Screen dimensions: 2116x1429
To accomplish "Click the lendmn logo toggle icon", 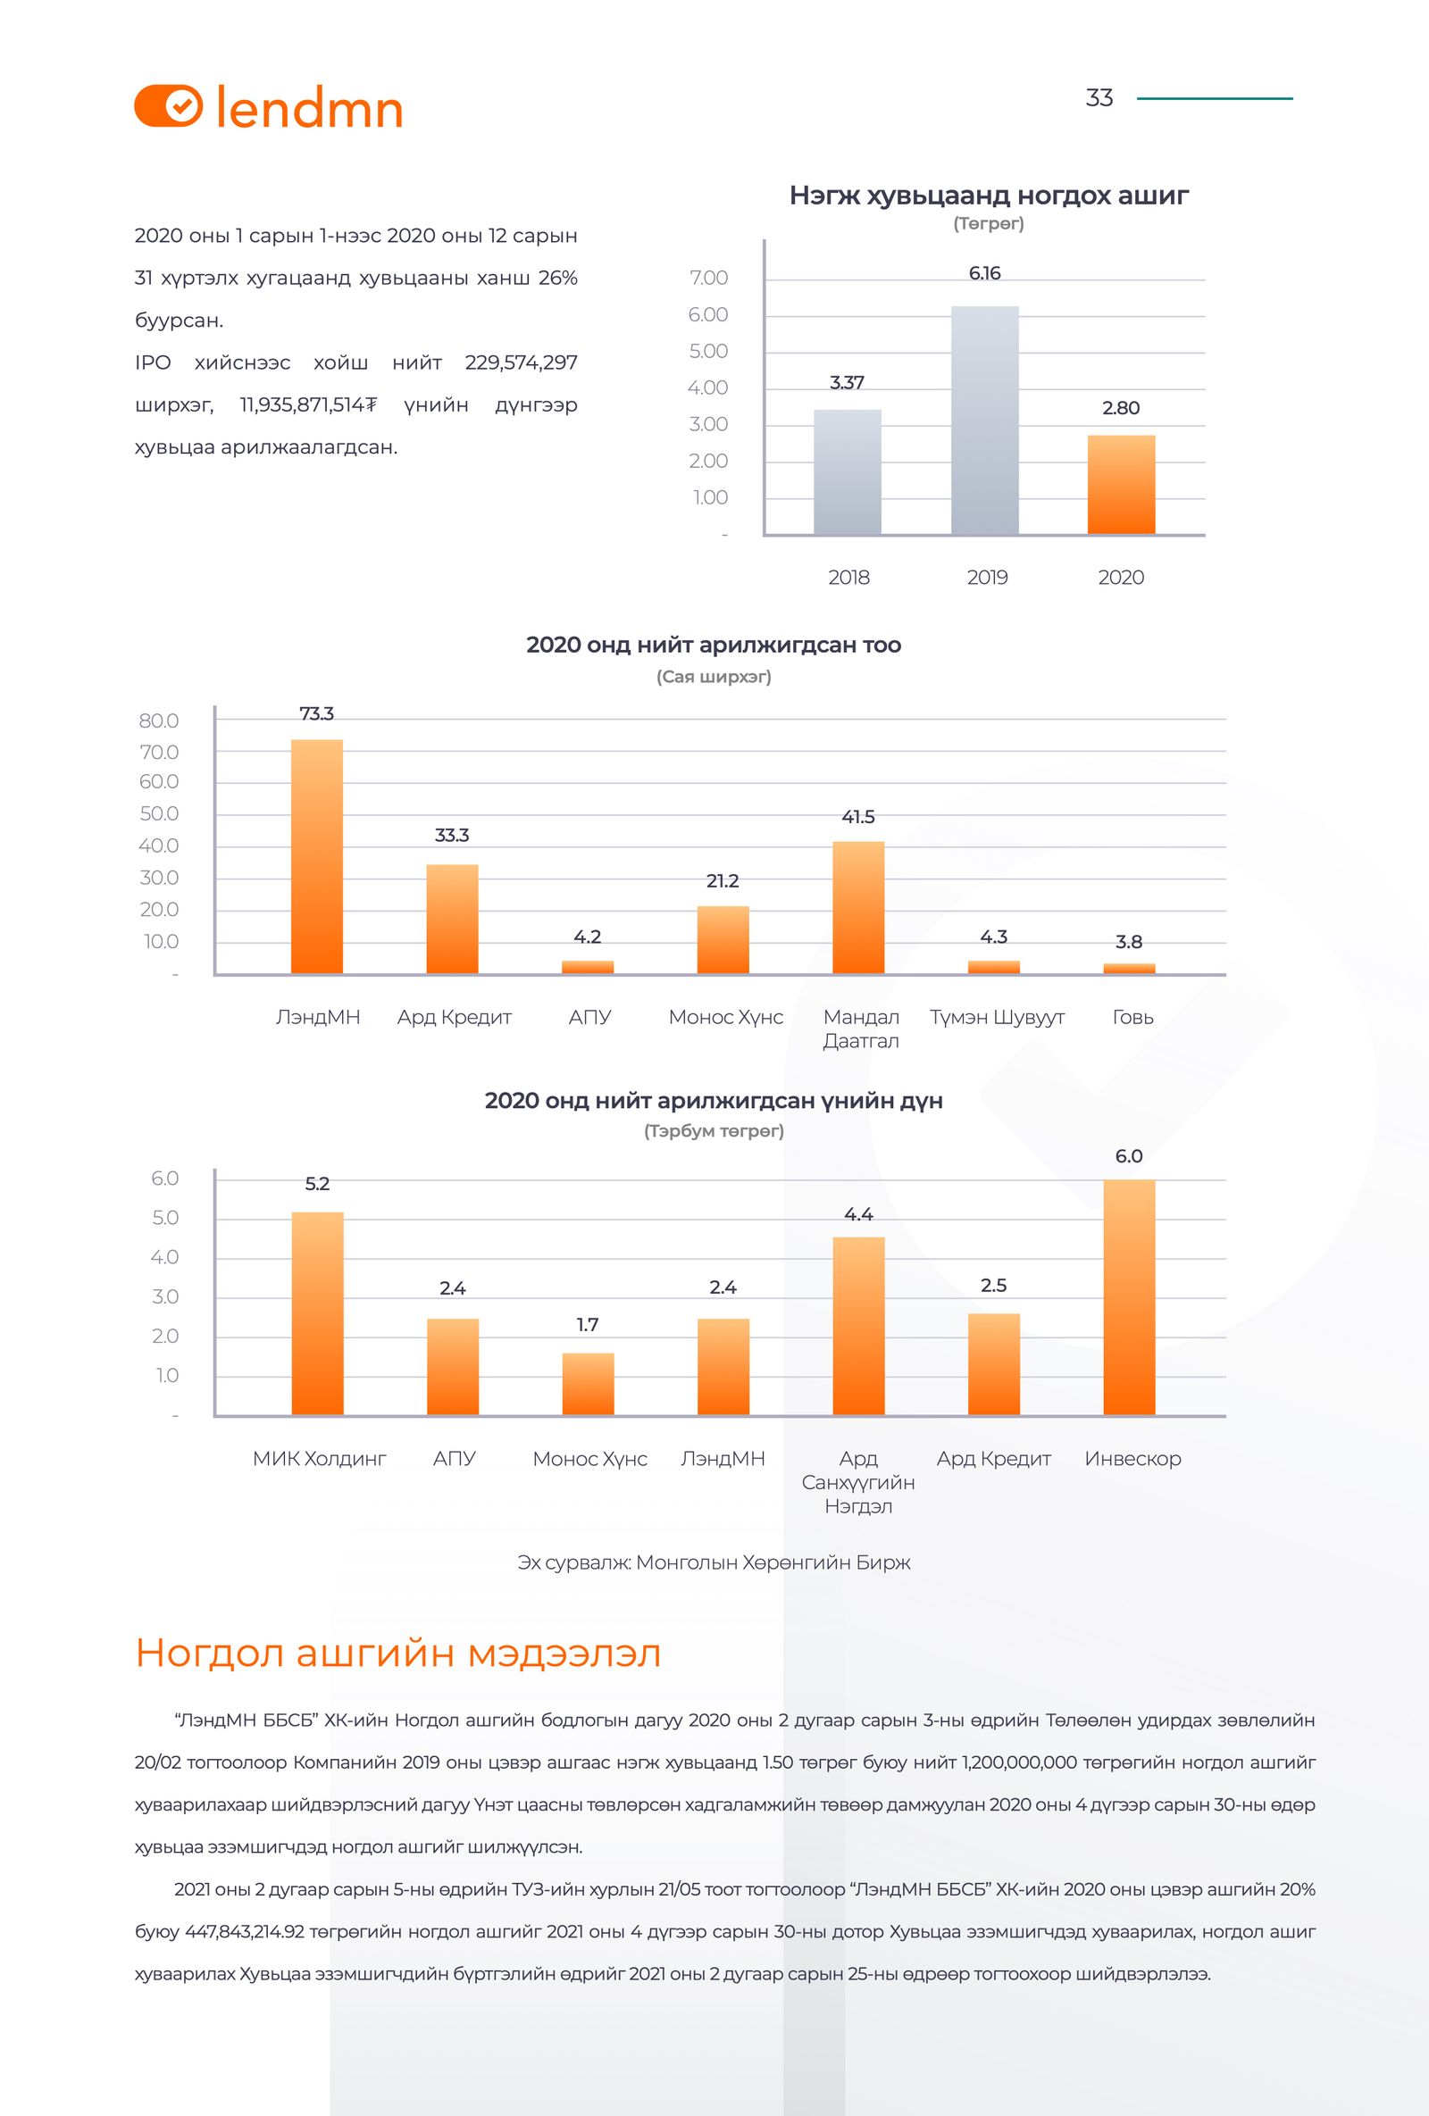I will (169, 106).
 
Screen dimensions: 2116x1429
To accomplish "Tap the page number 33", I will (1099, 98).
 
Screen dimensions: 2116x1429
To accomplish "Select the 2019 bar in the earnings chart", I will (984, 420).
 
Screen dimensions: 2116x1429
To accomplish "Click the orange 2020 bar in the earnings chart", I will (1120, 485).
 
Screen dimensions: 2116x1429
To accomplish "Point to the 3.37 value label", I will (846, 383).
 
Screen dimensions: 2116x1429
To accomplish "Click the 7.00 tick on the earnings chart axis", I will (709, 279).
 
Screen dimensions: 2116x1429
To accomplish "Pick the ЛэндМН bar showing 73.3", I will (317, 856).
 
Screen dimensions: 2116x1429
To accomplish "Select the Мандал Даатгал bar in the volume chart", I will (858, 907).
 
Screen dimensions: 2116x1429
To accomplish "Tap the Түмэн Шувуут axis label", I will (997, 1017).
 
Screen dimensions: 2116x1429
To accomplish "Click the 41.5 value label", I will (858, 817).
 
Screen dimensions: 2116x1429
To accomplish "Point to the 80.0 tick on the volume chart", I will (158, 721).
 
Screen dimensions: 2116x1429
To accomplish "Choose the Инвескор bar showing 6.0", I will (1128, 1296).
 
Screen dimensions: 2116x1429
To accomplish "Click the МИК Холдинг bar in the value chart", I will (317, 1313).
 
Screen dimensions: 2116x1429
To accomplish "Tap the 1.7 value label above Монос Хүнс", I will (588, 1325).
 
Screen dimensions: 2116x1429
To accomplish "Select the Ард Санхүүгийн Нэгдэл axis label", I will (858, 1482).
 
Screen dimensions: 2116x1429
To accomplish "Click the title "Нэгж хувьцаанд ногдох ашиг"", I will (988, 196).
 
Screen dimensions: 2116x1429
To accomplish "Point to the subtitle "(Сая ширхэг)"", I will (713, 678).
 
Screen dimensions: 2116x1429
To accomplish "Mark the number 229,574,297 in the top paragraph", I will (521, 362).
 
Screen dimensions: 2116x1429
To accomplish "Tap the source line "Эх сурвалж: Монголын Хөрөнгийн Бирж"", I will (713, 1563).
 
